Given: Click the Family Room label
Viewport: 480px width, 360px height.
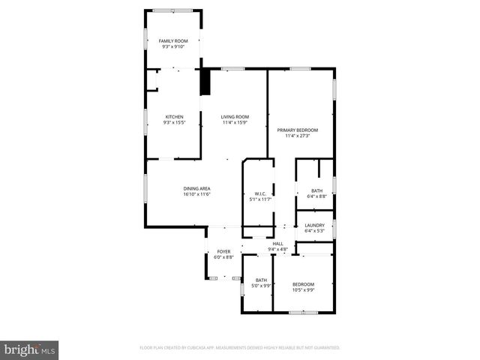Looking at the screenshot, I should click(x=172, y=40).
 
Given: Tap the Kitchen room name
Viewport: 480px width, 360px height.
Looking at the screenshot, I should click(x=174, y=116).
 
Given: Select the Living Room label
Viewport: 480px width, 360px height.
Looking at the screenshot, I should click(x=234, y=116).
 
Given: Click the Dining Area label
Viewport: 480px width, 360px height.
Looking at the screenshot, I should click(x=196, y=188).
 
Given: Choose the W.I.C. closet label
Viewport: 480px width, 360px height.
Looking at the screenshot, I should click(x=256, y=194).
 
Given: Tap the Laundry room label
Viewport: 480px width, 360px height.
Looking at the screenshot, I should click(x=314, y=225).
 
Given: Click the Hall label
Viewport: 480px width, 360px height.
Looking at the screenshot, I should click(x=277, y=244).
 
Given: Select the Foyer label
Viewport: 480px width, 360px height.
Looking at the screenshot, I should click(x=223, y=251).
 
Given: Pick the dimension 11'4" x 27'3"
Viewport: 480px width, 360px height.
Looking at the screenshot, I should click(x=297, y=136).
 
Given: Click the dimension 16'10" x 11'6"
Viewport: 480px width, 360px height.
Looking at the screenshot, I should click(x=196, y=194).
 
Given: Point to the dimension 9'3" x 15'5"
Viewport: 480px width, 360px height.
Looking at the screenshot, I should click(x=174, y=122).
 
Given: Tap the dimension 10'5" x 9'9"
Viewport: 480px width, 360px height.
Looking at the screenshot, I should click(x=303, y=289).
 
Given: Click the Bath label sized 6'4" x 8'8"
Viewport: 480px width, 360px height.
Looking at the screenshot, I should click(x=317, y=190).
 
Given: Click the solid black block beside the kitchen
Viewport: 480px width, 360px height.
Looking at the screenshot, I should click(x=203, y=82).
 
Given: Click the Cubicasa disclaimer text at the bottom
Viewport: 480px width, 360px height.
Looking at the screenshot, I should click(x=240, y=348).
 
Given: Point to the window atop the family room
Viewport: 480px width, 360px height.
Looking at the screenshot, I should click(x=172, y=10).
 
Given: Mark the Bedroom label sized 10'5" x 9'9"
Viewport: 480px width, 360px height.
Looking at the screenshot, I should click(x=303, y=283).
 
